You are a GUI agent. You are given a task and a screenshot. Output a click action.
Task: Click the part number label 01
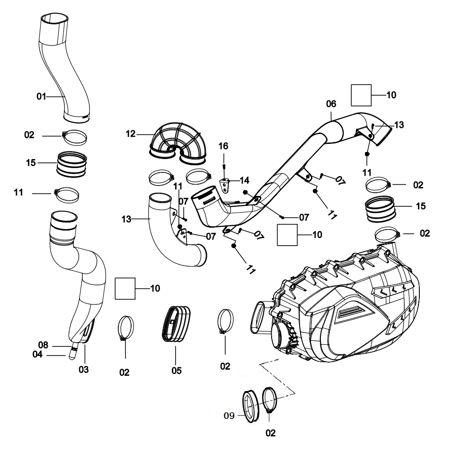[41, 97]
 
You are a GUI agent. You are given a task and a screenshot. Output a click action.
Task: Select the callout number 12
[131, 134]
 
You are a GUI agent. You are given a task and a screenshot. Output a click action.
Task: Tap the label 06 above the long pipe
[331, 104]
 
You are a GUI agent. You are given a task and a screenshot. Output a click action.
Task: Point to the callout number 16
[223, 146]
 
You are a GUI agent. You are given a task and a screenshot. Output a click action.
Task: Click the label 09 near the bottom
[229, 416]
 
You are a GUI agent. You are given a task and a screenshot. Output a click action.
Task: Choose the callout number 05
[177, 370]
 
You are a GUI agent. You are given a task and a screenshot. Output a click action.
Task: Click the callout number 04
[38, 354]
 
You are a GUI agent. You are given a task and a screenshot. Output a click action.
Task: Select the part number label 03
[84, 369]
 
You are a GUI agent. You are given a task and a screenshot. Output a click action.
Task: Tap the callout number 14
[244, 180]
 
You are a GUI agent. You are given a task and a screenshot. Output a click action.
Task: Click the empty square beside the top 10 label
[361, 95]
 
